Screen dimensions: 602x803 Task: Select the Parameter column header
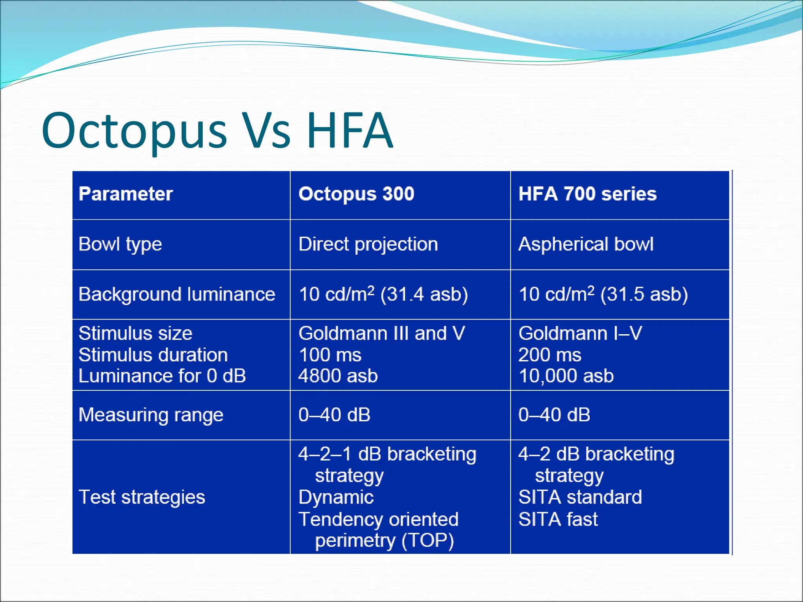click(x=125, y=194)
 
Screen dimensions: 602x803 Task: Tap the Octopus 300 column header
click(x=356, y=194)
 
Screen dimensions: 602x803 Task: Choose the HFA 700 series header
click(x=587, y=194)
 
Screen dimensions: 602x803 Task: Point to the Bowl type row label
click(x=120, y=245)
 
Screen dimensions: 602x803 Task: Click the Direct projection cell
click(x=368, y=245)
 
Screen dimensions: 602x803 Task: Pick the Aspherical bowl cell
click(x=586, y=245)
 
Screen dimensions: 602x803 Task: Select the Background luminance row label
click(x=177, y=294)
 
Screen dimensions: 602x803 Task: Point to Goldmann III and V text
click(x=382, y=334)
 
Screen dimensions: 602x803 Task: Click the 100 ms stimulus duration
click(x=330, y=355)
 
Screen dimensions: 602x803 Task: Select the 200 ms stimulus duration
click(x=550, y=355)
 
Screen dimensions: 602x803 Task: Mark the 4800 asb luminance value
click(x=338, y=376)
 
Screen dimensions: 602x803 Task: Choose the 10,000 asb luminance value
click(x=566, y=376)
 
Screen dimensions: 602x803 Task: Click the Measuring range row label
click(x=151, y=415)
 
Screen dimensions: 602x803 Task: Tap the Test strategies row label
click(x=142, y=497)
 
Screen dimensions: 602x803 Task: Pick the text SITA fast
click(x=558, y=519)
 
